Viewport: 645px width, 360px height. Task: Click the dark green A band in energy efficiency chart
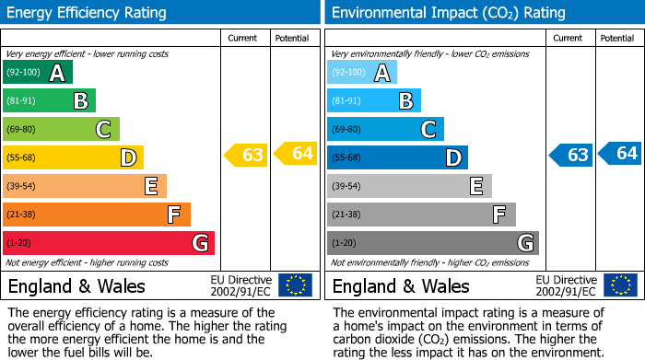(x=37, y=73)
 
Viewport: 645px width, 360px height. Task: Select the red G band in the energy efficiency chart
(x=108, y=243)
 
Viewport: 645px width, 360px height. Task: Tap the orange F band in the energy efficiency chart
(x=96, y=215)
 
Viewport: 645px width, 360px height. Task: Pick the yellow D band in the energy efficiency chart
(x=73, y=157)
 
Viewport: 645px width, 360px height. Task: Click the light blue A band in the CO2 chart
(x=361, y=73)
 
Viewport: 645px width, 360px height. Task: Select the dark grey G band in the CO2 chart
(x=432, y=243)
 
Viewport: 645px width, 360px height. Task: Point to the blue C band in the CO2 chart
(x=385, y=129)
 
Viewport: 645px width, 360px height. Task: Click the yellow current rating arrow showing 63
(x=246, y=155)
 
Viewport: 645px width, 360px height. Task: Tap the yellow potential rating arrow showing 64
(x=296, y=154)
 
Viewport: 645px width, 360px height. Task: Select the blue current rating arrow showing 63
(x=570, y=155)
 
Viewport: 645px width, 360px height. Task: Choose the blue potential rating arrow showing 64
(x=620, y=154)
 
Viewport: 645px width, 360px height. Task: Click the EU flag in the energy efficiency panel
(x=295, y=285)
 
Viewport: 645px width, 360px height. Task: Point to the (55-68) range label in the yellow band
(x=23, y=158)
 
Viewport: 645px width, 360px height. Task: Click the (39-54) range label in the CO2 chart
(x=347, y=187)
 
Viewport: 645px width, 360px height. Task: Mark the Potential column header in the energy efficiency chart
(x=292, y=38)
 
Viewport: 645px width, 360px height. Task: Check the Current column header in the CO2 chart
(x=569, y=38)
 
